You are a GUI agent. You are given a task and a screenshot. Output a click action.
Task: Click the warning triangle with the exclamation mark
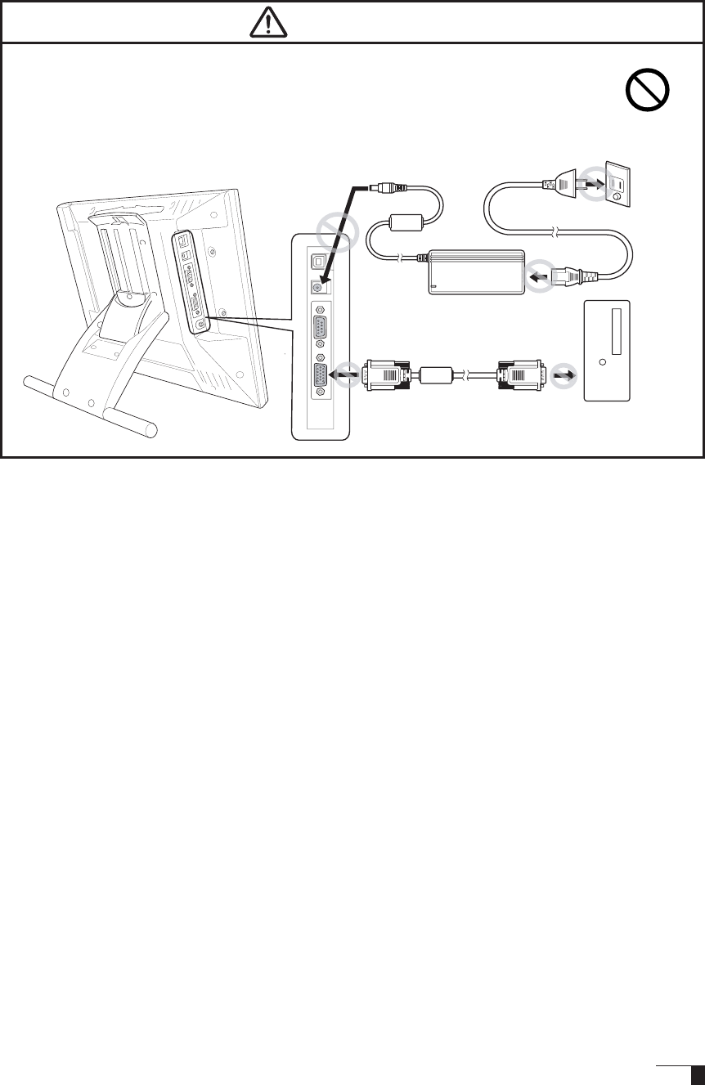pos(270,25)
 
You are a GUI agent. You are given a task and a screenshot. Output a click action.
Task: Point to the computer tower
pos(607,349)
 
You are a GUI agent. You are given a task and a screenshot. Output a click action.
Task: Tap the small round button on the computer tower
pos(602,361)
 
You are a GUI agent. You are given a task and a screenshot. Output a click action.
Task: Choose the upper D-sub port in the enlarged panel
pos(321,332)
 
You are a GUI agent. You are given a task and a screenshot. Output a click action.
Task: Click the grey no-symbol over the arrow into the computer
pos(563,374)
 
